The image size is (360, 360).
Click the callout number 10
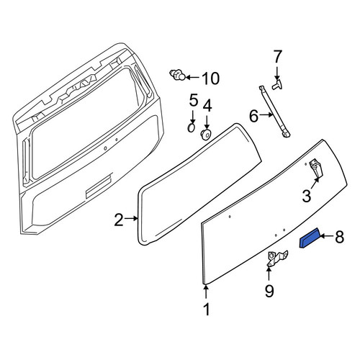click(x=211, y=78)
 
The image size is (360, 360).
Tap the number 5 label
click(x=194, y=100)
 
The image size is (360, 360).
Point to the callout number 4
click(x=207, y=106)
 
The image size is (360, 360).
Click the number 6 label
click(x=254, y=117)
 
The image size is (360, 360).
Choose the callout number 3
click(x=307, y=196)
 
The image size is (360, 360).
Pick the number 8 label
click(x=339, y=237)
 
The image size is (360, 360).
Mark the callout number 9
click(x=269, y=291)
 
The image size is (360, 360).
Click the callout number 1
click(x=207, y=309)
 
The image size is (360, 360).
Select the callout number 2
click(x=119, y=220)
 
